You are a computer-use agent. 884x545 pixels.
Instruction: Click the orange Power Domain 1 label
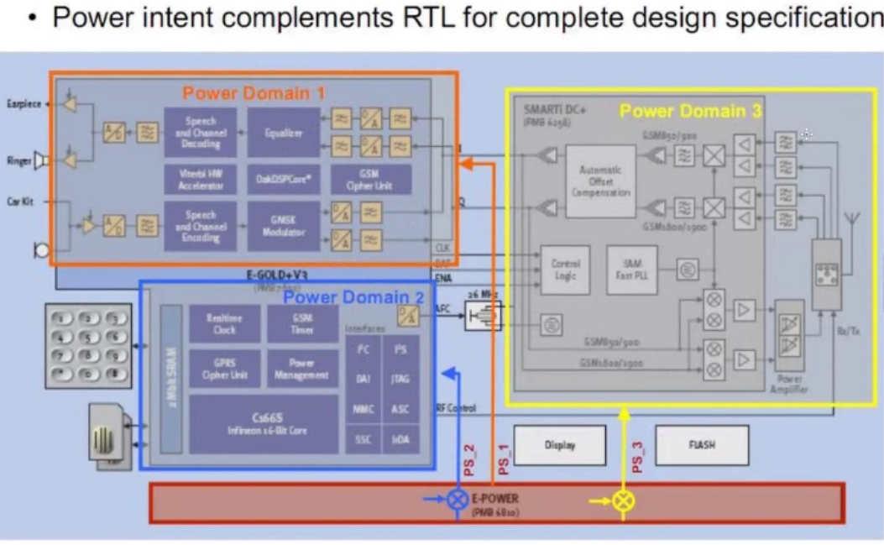click(x=254, y=92)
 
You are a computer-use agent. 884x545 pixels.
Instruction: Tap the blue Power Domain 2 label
click(x=353, y=296)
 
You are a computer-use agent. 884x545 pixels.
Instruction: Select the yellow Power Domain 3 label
click(x=690, y=111)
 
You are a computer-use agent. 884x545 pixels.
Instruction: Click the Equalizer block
click(x=284, y=133)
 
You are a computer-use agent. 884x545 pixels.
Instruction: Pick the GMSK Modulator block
click(x=284, y=226)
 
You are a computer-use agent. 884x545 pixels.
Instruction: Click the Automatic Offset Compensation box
click(x=599, y=181)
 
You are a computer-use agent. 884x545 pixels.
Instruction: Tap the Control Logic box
click(x=565, y=270)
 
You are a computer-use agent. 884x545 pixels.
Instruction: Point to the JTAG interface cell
click(x=400, y=379)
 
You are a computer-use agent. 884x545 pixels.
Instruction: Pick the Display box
click(x=559, y=445)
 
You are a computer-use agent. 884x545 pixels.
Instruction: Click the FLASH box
click(x=701, y=445)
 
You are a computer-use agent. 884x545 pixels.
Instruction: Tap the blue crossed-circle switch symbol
click(x=457, y=500)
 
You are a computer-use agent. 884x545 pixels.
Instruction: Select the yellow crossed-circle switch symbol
click(x=624, y=501)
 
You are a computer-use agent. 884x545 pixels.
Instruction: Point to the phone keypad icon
click(x=88, y=344)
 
